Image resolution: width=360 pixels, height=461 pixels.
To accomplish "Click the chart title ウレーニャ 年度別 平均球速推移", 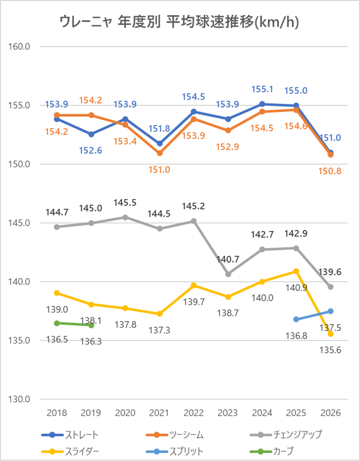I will click(x=179, y=21).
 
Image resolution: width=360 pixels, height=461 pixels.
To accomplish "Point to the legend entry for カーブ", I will click(x=283, y=451).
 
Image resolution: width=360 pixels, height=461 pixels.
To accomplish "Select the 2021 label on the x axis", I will click(x=159, y=413).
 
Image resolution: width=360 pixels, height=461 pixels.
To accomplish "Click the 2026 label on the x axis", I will click(x=330, y=413).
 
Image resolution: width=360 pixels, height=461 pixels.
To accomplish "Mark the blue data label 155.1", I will click(x=262, y=89).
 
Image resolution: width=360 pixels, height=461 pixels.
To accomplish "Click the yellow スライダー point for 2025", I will click(x=296, y=271).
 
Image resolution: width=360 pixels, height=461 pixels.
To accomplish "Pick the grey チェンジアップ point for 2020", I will click(x=125, y=217).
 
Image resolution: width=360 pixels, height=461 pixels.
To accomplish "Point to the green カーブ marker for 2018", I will click(x=57, y=323).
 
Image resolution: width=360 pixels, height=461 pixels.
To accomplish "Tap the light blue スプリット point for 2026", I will click(x=330, y=311).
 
